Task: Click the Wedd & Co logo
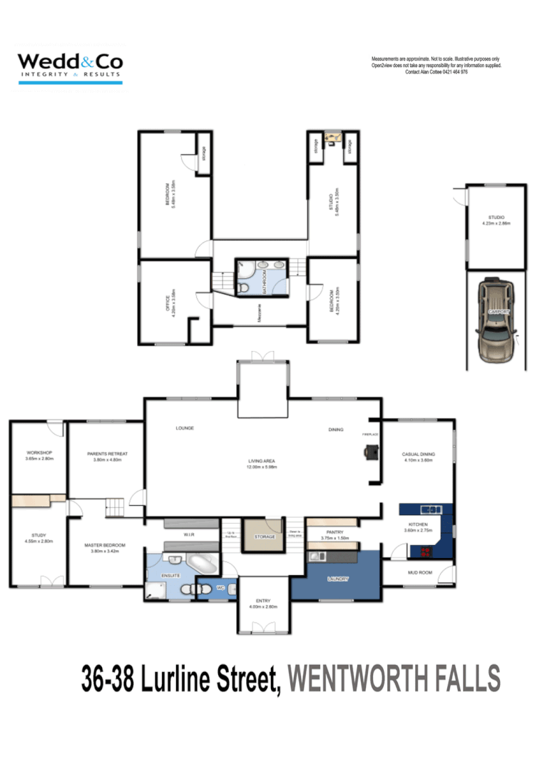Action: point(70,66)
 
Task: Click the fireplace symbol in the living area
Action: point(372,451)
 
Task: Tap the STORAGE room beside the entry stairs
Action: point(263,537)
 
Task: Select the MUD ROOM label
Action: point(418,572)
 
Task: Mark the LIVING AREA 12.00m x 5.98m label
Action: point(262,464)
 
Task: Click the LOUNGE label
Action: point(185,428)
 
